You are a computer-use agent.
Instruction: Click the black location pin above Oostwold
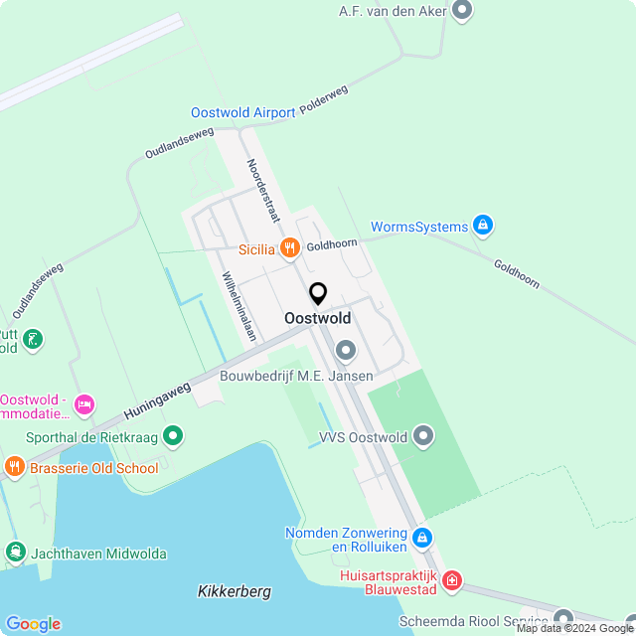tap(318, 294)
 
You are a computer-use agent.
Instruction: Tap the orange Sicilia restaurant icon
tap(290, 248)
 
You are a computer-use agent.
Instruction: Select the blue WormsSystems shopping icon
tap(483, 227)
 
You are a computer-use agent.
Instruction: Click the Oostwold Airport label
tap(243, 113)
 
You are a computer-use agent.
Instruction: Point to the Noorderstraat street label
tap(263, 190)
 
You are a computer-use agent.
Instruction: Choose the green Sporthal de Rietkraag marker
tap(173, 434)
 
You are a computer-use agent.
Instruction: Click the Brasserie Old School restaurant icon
tap(14, 466)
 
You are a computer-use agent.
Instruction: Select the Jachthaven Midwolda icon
tap(15, 553)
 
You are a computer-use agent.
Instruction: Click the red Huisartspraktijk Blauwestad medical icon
tap(452, 579)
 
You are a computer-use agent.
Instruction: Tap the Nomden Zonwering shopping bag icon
tap(422, 538)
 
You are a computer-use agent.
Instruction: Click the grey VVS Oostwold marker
tap(423, 435)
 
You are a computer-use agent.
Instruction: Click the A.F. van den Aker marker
tap(461, 10)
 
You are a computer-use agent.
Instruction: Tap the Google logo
tap(32, 623)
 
